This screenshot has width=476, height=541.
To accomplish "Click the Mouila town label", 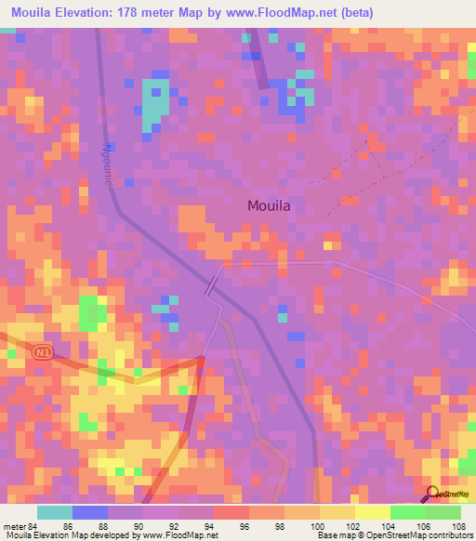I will pos(275,206).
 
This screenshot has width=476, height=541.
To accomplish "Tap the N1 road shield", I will pos(40,353).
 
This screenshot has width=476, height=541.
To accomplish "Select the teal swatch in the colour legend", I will pos(55,512).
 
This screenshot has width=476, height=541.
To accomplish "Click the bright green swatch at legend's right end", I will pos(443,512).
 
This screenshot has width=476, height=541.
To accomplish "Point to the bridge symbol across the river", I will pos(213,284).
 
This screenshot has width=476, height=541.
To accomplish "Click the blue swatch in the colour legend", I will pos(90,512).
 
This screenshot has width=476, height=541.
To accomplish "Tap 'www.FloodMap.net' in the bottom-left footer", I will pos(181,535).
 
